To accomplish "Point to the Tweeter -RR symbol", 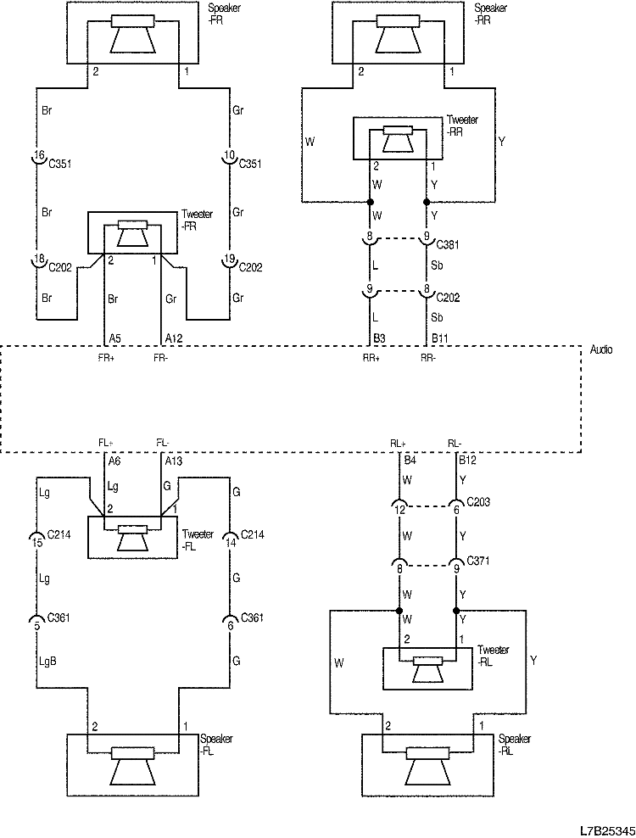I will pos(398,138).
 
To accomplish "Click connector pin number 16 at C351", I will pos(38,157).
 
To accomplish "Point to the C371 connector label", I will pos(480,561).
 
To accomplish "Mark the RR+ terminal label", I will pos(371,358).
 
